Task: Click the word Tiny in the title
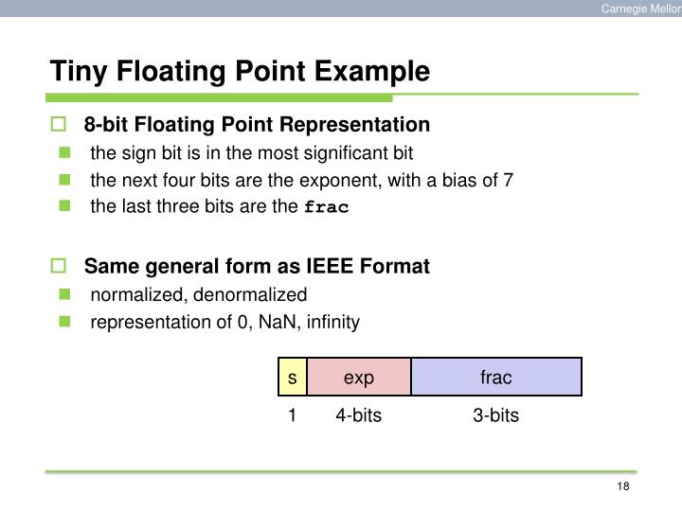[73, 71]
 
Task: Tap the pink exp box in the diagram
[359, 378]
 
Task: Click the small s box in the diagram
[293, 378]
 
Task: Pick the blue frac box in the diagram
[495, 378]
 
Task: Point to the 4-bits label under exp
[358, 415]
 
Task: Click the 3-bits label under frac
[496, 415]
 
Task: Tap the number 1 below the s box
[293, 415]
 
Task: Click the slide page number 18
[622, 486]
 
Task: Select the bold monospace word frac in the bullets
[326, 207]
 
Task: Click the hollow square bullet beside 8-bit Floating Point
[58, 125]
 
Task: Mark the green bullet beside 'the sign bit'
[64, 152]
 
